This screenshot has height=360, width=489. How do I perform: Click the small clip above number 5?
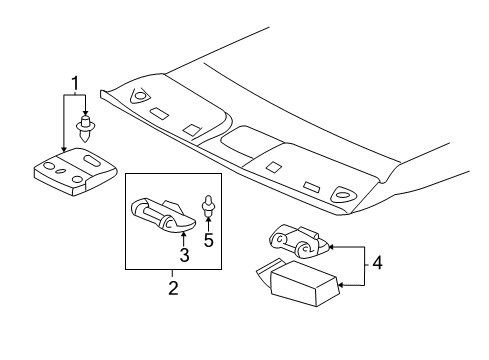coord(209,207)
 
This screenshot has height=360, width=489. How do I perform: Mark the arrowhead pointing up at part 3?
coord(184,233)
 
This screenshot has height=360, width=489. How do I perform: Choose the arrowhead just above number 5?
coord(209,222)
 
